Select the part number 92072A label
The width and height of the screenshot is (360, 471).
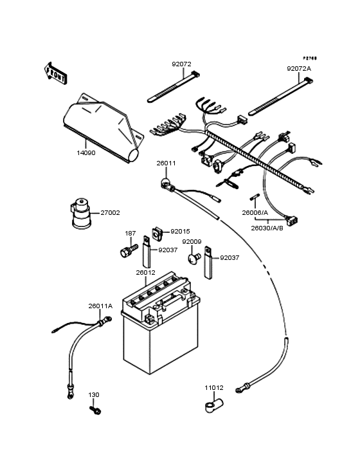tap(298, 68)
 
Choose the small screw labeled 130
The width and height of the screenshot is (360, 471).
tap(95, 409)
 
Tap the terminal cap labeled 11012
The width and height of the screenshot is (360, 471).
tap(213, 405)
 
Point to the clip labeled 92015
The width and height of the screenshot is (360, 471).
tap(156, 232)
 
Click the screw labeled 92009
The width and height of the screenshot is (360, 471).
tap(190, 257)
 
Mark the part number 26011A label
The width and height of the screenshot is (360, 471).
tap(100, 306)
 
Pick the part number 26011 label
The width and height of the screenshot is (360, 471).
tap(166, 163)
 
